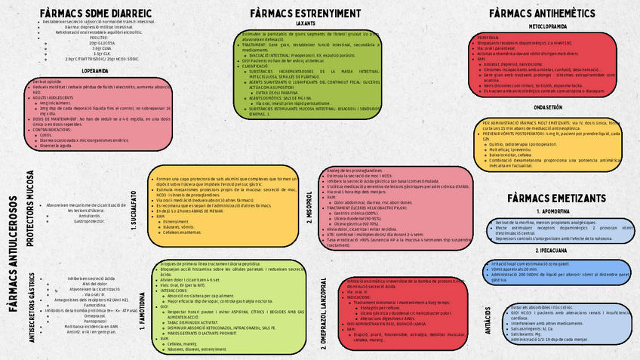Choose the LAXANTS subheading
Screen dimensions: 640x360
[306, 23]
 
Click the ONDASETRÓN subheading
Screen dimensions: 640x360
[548, 107]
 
